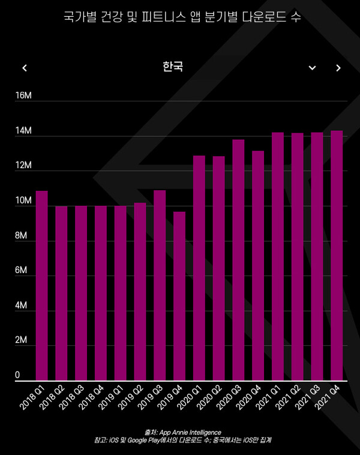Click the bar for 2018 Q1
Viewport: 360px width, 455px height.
click(x=41, y=286)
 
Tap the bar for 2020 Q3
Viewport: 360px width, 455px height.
click(x=238, y=260)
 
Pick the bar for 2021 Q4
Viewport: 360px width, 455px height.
click(x=337, y=256)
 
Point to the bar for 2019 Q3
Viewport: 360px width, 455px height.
click(x=160, y=285)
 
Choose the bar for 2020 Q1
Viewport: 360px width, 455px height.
click(x=199, y=268)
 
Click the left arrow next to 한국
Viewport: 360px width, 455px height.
click(x=25, y=68)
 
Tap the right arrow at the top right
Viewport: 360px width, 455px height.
click(x=338, y=68)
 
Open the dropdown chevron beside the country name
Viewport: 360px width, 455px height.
click(x=312, y=68)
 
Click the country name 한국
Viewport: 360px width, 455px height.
click(x=173, y=67)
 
